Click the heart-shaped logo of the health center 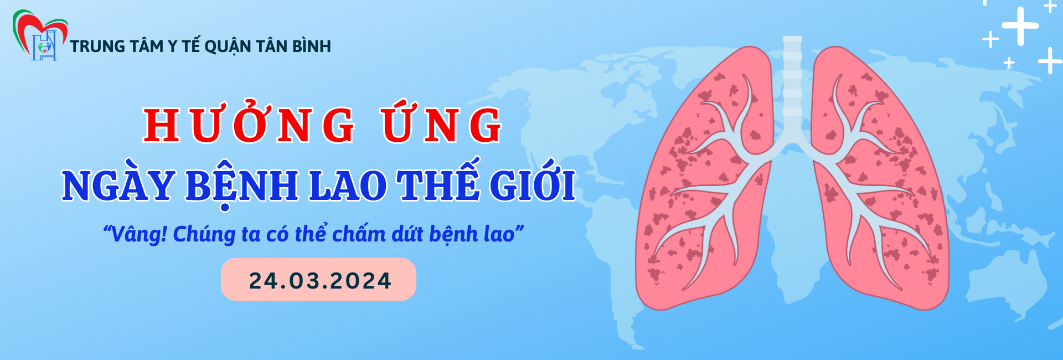pos(40,35)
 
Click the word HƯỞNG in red pos(249,122)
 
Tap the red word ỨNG pos(441,122)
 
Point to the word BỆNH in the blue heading pos(242,186)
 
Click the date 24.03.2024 pos(320,280)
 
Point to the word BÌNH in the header pos(312,45)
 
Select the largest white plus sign pos(1020,26)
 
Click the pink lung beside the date pos(703,183)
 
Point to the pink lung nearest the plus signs pos(880,183)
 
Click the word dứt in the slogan pos(407,234)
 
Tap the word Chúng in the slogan pos(204,235)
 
